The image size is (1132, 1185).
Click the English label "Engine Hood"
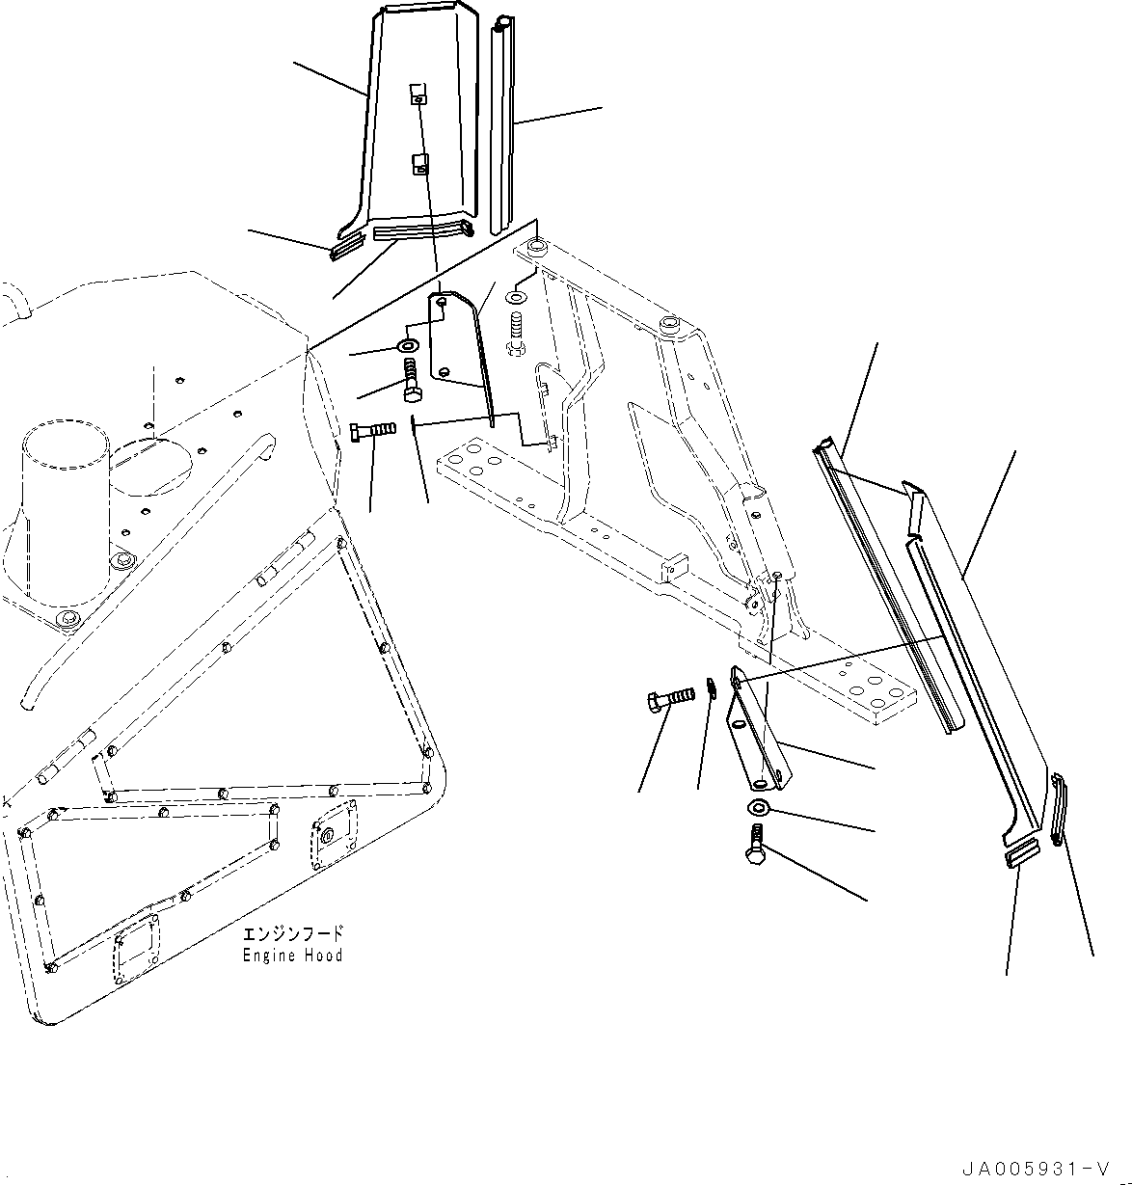click(x=292, y=956)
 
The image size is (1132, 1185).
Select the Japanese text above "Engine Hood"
click(x=292, y=934)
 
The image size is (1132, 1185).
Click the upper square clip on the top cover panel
click(x=417, y=94)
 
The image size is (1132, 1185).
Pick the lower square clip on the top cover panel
click(x=419, y=166)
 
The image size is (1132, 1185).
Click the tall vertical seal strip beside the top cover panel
click(x=502, y=125)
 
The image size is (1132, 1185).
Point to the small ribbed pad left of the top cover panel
click(x=345, y=249)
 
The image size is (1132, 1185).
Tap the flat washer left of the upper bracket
click(x=408, y=346)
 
